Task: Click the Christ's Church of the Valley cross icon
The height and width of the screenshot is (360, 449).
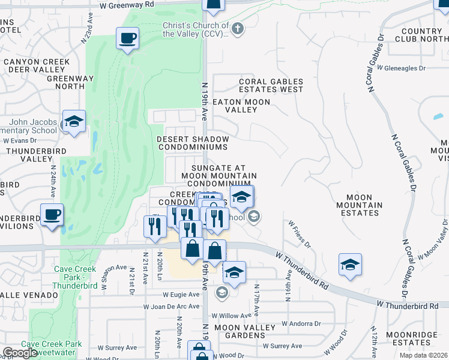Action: [238, 28]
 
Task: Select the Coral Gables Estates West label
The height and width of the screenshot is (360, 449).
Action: [271, 86]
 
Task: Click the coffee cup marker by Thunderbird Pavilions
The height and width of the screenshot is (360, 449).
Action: [52, 214]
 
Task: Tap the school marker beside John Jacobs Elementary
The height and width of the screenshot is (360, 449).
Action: [73, 122]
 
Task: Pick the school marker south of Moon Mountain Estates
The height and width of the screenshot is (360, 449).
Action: [350, 265]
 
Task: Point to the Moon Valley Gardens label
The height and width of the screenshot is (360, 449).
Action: [245, 331]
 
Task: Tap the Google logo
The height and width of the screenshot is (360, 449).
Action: [20, 353]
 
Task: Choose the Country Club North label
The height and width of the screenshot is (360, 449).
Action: [421, 35]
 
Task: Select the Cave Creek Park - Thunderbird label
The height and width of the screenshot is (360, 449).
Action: [76, 273]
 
